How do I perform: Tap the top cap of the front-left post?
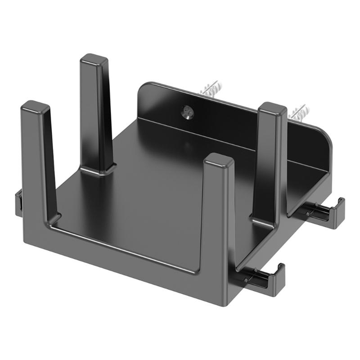tap(35, 107)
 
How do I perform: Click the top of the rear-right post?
tap(273, 109)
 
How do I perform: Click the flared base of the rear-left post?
tap(97, 170)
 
